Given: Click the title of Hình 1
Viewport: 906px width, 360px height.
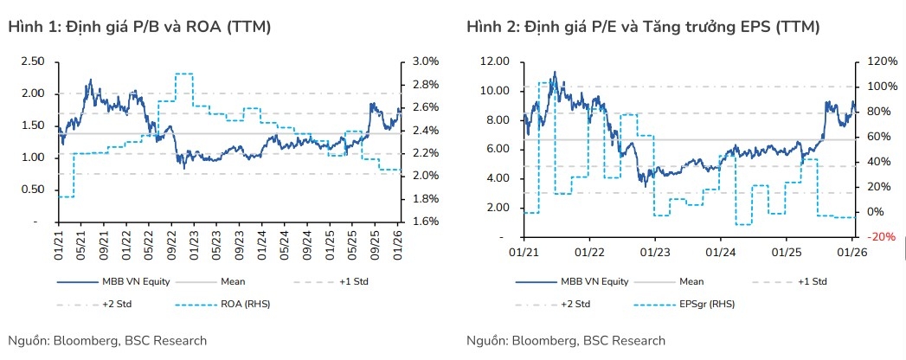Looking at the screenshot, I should pyautogui.click(x=139, y=28).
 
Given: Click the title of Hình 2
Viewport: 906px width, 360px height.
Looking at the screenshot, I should pyautogui.click(x=643, y=28).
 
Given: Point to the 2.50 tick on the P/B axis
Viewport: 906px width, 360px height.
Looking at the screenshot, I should pyautogui.click(x=33, y=61).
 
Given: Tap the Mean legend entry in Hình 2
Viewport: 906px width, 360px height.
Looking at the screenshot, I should pyautogui.click(x=691, y=282).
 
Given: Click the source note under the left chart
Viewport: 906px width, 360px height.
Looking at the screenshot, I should pyautogui.click(x=106, y=340).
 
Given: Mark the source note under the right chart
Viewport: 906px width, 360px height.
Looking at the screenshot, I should pyautogui.click(x=565, y=340).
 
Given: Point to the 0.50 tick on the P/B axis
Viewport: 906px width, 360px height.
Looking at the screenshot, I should pyautogui.click(x=33, y=190).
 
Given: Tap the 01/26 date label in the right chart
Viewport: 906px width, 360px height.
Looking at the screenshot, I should pyautogui.click(x=853, y=251).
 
